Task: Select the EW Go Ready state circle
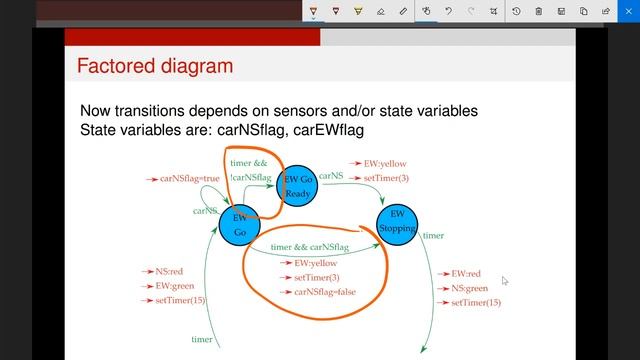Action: pos(298,186)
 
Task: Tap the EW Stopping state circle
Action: pos(397,221)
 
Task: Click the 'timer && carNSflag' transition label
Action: pos(310,246)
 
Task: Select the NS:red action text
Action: pos(169,271)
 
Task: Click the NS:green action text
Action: pos(469,288)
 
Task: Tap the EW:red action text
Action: pos(466,273)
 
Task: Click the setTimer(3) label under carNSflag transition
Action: pos(317,277)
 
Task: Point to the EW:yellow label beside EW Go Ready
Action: pos(386,163)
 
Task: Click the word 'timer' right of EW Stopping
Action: pos(433,236)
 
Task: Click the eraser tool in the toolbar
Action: pos(380,11)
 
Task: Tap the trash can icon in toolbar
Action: pos(539,11)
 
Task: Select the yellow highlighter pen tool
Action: pos(358,11)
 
